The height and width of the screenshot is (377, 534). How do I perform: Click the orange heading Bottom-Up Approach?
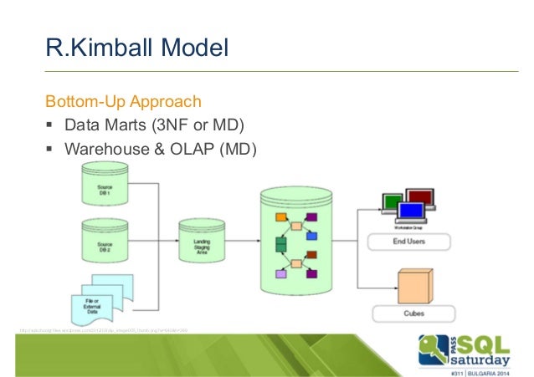click(x=123, y=103)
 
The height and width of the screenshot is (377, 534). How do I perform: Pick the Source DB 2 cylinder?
click(x=105, y=242)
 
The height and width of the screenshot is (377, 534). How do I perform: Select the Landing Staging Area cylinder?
click(x=200, y=242)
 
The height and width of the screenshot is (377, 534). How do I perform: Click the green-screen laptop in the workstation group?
click(x=393, y=203)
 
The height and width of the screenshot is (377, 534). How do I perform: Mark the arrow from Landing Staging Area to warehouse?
click(x=241, y=242)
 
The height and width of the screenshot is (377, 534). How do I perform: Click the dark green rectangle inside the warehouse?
click(x=280, y=243)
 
